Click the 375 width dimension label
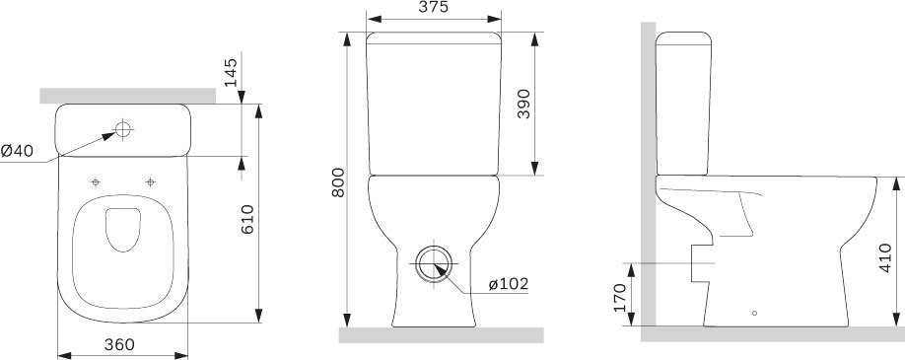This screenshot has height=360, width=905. coord(434,7)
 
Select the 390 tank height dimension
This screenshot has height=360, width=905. coord(523,104)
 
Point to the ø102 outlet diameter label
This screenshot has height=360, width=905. coord(509,284)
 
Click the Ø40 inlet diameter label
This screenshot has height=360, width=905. coord(17,151)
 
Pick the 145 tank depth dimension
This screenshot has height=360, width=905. coord(231,72)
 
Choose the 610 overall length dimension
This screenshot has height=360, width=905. coord(247,219)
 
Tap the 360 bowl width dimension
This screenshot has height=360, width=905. coord(119,344)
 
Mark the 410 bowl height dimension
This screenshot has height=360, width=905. coord(885,257)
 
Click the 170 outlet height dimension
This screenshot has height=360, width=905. coord(620,298)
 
